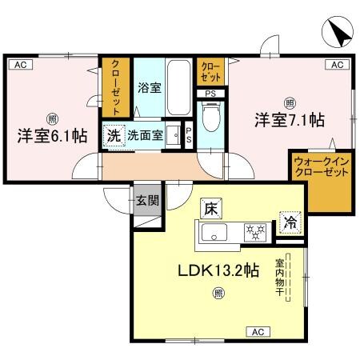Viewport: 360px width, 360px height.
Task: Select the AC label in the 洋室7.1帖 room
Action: coord(337,65)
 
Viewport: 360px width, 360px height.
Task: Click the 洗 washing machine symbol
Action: coord(114,136)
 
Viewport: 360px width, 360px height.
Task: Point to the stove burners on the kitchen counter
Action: coord(254,233)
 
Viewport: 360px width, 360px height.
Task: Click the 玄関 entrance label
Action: coord(145,201)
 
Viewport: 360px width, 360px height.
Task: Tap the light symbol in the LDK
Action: coord(217,293)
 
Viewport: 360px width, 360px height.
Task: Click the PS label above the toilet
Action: coord(210,93)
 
